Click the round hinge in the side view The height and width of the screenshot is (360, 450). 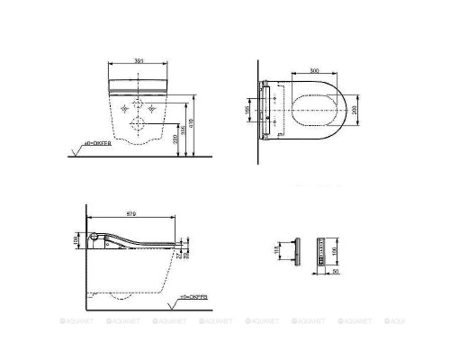96,238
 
